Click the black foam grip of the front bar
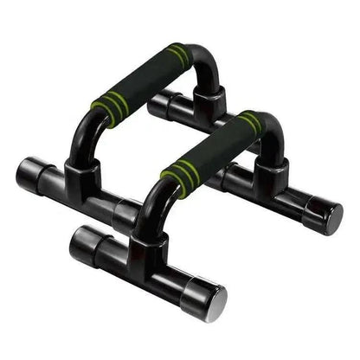(x=213, y=152)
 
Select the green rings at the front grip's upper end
(x=252, y=123)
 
